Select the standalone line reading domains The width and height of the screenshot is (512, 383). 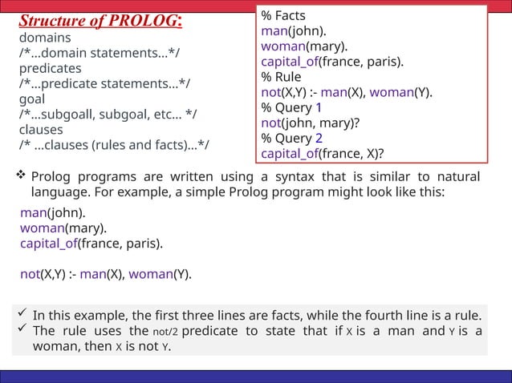tap(45, 38)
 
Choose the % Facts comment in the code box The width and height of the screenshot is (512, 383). tap(283, 15)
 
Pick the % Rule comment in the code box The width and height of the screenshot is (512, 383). tap(281, 77)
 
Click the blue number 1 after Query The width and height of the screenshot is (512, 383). tap(319, 107)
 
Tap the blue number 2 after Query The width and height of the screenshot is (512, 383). tap(319, 139)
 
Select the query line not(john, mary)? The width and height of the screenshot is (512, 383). tap(308, 123)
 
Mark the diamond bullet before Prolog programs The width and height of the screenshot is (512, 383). tap(21, 175)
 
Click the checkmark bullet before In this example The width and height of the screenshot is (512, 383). tap(22, 313)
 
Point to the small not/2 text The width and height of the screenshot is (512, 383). tap(165, 332)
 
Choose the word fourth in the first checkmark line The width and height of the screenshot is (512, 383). tap(375, 315)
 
